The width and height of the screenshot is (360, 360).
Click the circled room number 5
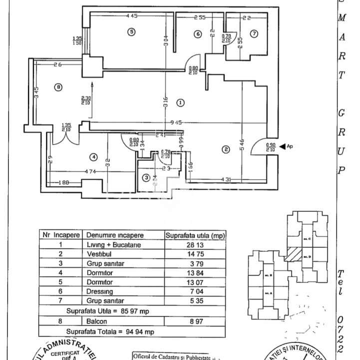tap(131, 32)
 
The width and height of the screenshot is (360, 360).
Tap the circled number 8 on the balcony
tap(59, 87)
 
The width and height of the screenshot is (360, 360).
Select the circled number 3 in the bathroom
tap(146, 177)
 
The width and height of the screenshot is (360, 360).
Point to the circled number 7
tap(254, 33)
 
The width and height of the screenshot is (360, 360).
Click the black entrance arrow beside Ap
tap(283, 146)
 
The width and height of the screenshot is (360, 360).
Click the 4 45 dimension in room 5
tap(131, 16)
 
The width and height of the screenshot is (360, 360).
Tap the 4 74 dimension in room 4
tap(89, 172)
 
